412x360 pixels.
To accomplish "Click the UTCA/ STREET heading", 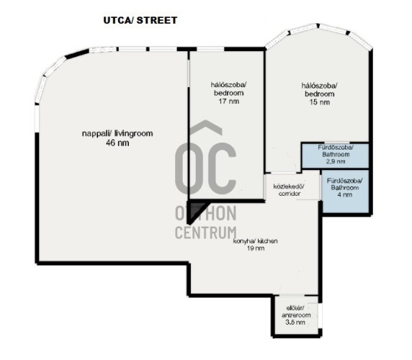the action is (140, 20).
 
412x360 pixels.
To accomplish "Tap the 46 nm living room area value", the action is (117, 143).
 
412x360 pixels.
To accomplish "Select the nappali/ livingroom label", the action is (117, 134).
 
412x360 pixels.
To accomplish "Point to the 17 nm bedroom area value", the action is (229, 102).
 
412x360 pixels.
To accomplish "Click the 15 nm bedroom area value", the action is (320, 102).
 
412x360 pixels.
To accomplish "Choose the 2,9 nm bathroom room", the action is (335, 156).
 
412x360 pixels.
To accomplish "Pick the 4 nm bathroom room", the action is (345, 191).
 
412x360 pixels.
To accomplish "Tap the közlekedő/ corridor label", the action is (289, 190).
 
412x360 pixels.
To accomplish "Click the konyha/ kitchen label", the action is (255, 241).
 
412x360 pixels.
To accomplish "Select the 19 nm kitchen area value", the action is (256, 248).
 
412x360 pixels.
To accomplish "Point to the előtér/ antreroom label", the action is (296, 312).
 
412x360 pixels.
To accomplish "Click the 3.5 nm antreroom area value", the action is (295, 322).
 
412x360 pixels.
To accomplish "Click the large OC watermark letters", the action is (206, 168).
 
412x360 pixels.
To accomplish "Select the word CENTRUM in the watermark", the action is (206, 233).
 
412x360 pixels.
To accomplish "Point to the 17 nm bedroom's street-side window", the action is (210, 49).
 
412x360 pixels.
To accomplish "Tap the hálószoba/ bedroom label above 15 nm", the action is (320, 90).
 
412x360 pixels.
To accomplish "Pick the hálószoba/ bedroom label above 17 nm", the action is (229, 89).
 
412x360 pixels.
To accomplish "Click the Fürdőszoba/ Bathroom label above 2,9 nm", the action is (336, 150).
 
